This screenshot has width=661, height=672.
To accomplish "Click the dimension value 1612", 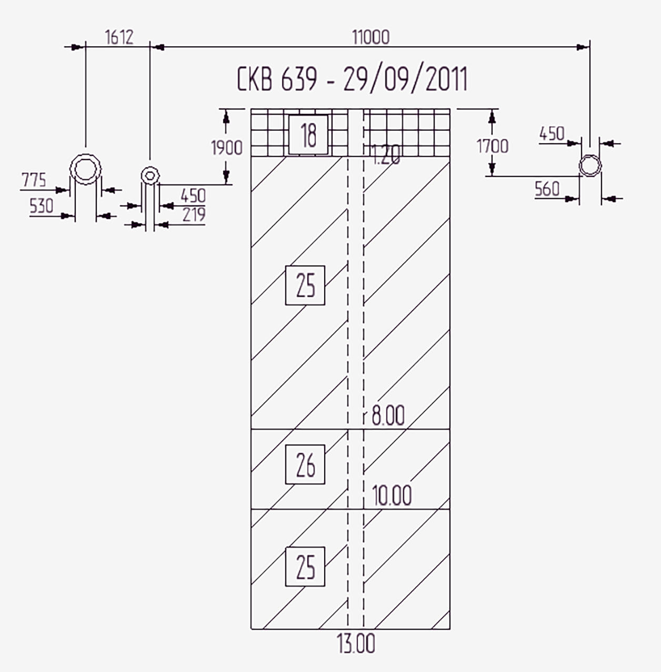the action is coord(119,37).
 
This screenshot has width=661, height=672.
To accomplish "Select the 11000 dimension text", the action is coord(370,37).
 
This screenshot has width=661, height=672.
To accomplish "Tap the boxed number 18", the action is coord(308,135).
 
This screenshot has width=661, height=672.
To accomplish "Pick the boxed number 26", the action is coord(305,464).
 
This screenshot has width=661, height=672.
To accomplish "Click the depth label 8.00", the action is coord(388,416).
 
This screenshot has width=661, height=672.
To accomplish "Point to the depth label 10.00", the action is coord(392,495).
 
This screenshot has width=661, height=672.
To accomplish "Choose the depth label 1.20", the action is coord(386,155).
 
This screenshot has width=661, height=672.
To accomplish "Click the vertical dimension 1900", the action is coord(227,147).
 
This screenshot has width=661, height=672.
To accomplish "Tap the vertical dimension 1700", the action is coord(492,146).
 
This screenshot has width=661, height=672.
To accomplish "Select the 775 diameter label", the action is coord(34,180).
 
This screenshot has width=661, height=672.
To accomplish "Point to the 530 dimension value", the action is coord(42,206).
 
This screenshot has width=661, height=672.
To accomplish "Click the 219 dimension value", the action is coord(194,214).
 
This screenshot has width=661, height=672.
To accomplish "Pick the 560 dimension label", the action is coord(547,189).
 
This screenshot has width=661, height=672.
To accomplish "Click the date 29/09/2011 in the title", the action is coord(405,80).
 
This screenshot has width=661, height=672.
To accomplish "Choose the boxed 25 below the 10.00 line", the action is coord(305,566).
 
